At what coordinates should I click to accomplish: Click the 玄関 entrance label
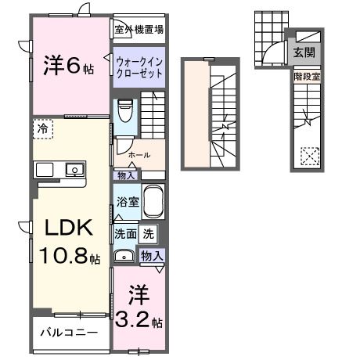pyautogui.click(x=304, y=53)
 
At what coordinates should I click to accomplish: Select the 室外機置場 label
pyautogui.click(x=139, y=30)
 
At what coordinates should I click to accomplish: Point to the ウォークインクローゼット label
pyautogui.click(x=139, y=65)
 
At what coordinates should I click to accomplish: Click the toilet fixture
pyautogui.click(x=124, y=110)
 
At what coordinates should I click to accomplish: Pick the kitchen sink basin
pyautogui.click(x=74, y=169)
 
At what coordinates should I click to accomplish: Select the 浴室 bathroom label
pyautogui.click(x=127, y=201)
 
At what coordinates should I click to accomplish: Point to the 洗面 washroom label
pyautogui.click(x=125, y=232)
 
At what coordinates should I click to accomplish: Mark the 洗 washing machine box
pyautogui.click(x=149, y=232)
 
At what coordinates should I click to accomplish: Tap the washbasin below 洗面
pyautogui.click(x=124, y=256)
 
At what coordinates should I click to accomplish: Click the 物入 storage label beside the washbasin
pyautogui.click(x=152, y=256)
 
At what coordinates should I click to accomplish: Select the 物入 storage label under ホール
pyautogui.click(x=125, y=176)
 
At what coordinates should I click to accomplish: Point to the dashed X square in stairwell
pyautogui.click(x=310, y=157)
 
